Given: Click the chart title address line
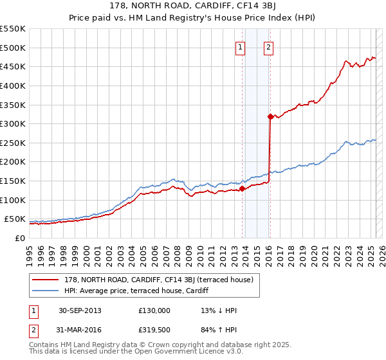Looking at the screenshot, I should (x=193, y=7).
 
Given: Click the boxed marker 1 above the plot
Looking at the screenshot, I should (x=240, y=46).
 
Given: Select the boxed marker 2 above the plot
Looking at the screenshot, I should (x=268, y=46).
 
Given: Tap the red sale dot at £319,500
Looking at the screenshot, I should (x=270, y=116).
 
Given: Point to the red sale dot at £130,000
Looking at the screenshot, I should (x=242, y=188).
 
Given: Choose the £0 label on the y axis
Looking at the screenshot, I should (x=21, y=238).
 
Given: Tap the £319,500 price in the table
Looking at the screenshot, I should (x=154, y=331).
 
